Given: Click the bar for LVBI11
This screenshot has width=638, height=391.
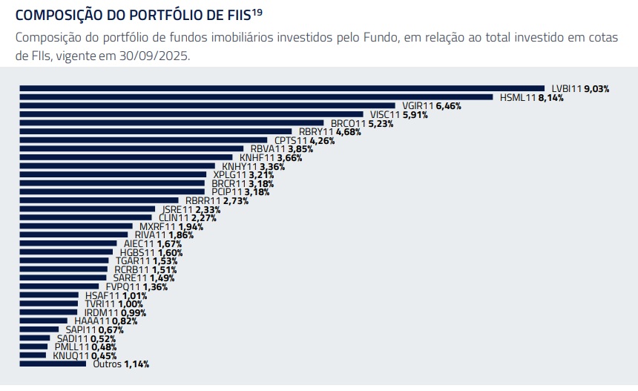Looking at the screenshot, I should (x=282, y=88).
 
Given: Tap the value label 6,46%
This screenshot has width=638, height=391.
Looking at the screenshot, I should (x=448, y=106).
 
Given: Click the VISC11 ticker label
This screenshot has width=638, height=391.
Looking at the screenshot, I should (x=385, y=115).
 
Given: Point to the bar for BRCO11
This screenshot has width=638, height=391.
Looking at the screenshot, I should (x=171, y=123).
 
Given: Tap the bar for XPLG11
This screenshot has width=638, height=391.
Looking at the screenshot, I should (x=112, y=174).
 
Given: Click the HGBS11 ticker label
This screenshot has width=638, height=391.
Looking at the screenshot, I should (x=137, y=252).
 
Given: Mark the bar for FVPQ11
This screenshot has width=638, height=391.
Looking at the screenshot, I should (x=59, y=286).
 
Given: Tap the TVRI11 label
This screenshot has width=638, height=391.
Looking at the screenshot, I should (x=100, y=303).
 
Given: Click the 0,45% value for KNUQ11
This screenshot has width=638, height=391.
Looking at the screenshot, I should (x=104, y=355).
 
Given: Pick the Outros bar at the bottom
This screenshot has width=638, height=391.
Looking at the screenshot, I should (x=53, y=364).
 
